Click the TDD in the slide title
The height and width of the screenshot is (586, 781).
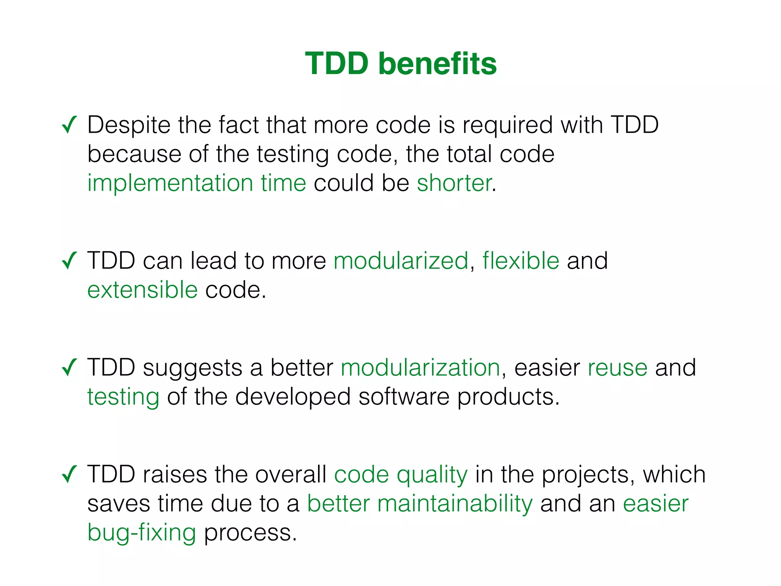(x=337, y=64)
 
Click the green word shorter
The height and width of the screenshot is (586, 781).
(x=454, y=183)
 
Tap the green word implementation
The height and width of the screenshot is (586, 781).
(x=170, y=183)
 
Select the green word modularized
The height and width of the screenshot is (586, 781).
(x=401, y=261)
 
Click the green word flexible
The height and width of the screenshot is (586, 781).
(x=521, y=261)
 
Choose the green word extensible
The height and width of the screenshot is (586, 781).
(x=142, y=290)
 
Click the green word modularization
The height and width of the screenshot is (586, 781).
(x=420, y=368)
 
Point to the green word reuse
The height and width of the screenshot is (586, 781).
(x=617, y=368)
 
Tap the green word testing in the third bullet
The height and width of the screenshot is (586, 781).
(x=123, y=397)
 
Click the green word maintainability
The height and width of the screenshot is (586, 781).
(x=455, y=504)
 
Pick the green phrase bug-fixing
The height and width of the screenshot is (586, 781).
(x=141, y=533)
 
